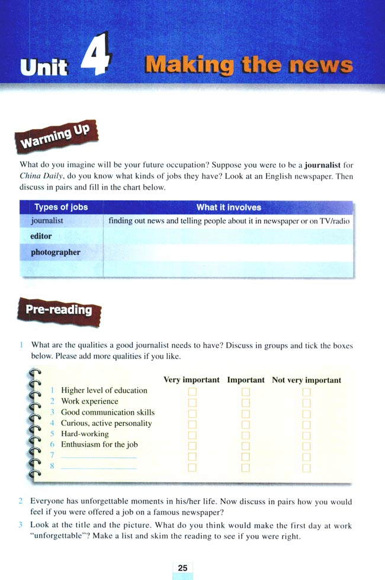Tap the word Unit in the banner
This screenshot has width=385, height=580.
[x=44, y=67]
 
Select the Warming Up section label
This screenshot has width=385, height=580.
[x=55, y=137]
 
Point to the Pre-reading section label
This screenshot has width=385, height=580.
[x=59, y=310]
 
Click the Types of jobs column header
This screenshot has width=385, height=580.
[x=61, y=207]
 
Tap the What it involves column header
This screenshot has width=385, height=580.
[x=229, y=207]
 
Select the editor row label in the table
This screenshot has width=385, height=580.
[x=41, y=236]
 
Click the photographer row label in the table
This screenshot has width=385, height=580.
[x=55, y=252]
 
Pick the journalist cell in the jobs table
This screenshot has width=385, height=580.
[x=47, y=221]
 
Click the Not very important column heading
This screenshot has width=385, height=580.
[x=306, y=380]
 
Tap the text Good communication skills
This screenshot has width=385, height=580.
[x=108, y=412]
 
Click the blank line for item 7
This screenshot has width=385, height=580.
[x=99, y=456]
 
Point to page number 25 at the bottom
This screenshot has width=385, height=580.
[x=182, y=568]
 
